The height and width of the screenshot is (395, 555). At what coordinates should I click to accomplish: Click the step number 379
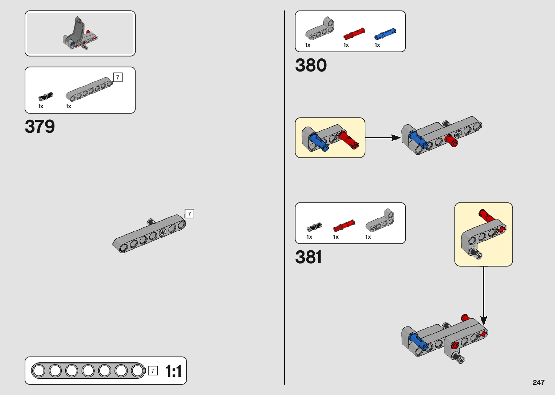(x=40, y=127)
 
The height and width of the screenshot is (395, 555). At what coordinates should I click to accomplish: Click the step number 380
(x=311, y=65)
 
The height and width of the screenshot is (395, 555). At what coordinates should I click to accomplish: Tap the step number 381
(x=308, y=257)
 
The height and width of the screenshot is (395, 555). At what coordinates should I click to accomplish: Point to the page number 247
(x=538, y=382)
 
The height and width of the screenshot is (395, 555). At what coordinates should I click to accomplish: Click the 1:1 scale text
(x=173, y=371)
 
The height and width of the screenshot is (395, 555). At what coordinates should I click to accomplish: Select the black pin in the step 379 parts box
(x=46, y=96)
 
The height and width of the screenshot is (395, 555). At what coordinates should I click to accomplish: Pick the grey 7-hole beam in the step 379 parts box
(x=89, y=89)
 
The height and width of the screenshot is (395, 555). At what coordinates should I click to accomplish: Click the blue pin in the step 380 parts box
(x=385, y=34)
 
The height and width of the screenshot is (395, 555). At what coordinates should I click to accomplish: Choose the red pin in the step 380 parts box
(x=354, y=34)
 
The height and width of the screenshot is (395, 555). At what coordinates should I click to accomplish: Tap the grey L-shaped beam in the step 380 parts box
(x=319, y=29)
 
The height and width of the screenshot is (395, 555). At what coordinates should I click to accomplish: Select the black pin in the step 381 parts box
(x=314, y=227)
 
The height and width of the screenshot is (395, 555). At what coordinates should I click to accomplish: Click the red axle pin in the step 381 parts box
(x=344, y=226)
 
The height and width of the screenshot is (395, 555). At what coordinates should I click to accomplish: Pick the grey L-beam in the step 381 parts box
(x=380, y=221)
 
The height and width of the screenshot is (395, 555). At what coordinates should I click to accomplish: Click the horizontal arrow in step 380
(x=383, y=137)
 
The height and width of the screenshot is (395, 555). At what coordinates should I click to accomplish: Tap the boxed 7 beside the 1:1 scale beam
(x=153, y=371)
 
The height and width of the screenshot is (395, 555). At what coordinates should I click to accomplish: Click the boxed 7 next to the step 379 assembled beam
(x=189, y=214)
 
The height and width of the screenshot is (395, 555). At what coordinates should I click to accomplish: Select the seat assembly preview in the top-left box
(x=80, y=33)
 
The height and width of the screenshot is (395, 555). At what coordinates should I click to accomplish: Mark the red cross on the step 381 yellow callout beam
(x=501, y=229)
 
